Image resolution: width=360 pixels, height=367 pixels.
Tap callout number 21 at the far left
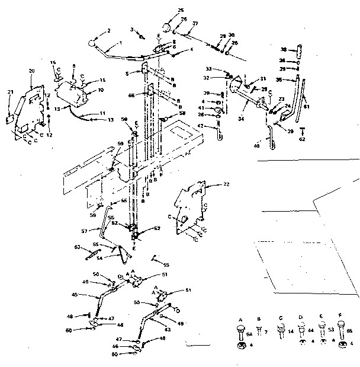tap(9, 91)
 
